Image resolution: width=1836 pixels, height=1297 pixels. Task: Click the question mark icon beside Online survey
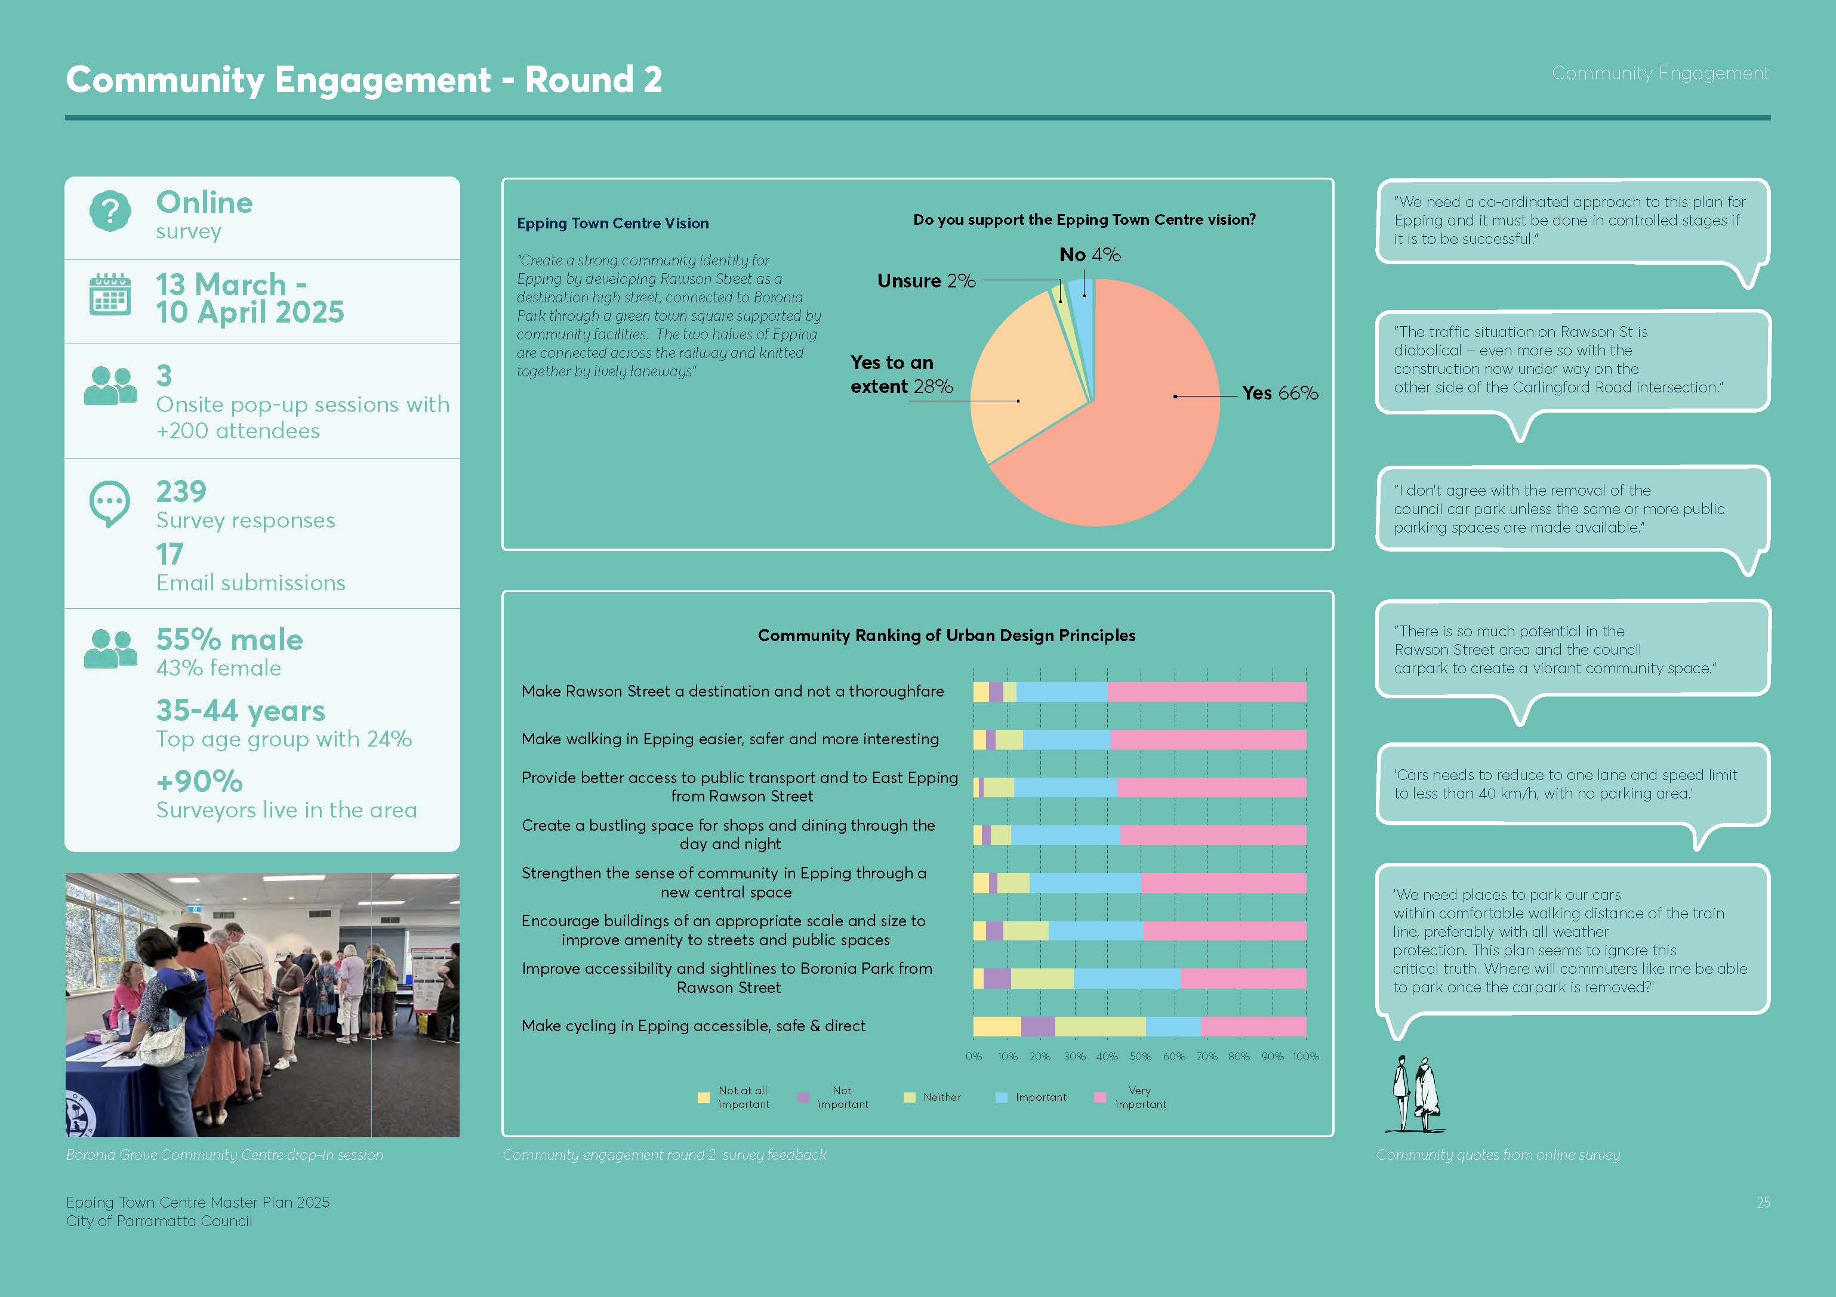pyautogui.click(x=110, y=212)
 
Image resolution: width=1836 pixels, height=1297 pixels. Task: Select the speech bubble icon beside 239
pyautogui.click(x=110, y=503)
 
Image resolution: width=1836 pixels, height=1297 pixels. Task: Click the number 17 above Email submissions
pyautogui.click(x=170, y=554)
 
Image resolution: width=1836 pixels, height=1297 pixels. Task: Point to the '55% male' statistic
pyautogui.click(x=229, y=639)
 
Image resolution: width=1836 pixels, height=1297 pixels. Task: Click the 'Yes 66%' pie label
pyautogui.click(x=1280, y=393)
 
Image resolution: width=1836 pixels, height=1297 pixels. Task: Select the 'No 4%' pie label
pyautogui.click(x=1090, y=255)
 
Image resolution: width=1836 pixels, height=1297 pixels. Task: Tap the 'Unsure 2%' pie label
pyautogui.click(x=926, y=281)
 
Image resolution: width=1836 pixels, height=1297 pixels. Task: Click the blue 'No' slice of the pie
pyautogui.click(x=1083, y=300)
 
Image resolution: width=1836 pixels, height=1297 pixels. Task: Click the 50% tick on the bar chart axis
pyautogui.click(x=1140, y=1057)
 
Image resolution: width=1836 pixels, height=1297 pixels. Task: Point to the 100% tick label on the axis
pyautogui.click(x=1305, y=1057)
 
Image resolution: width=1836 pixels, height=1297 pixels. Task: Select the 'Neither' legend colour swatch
pyautogui.click(x=909, y=1097)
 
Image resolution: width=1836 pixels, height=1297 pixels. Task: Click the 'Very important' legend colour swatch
pyautogui.click(x=1100, y=1097)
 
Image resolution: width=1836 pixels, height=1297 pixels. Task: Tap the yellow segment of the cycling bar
pyautogui.click(x=996, y=1027)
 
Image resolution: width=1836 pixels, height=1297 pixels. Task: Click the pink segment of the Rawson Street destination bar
pyautogui.click(x=1207, y=692)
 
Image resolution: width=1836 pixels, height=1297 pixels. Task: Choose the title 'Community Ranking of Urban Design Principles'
pyautogui.click(x=946, y=635)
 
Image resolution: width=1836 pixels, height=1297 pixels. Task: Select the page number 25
pyautogui.click(x=1763, y=1202)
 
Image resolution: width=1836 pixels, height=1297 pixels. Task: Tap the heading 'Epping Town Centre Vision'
pyautogui.click(x=612, y=224)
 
